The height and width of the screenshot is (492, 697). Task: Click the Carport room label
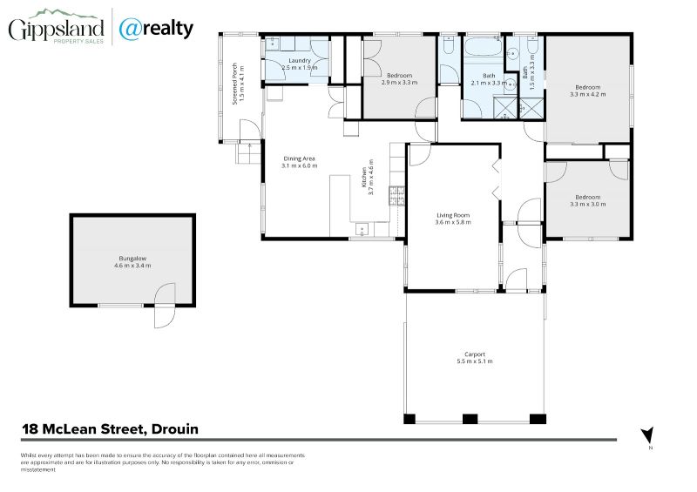(474, 354)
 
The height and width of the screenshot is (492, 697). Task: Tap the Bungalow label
(132, 259)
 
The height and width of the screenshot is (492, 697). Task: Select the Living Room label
(453, 215)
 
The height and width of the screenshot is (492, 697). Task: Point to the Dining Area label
(299, 158)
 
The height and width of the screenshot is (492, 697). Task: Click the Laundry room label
(299, 60)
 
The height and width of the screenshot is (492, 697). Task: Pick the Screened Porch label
(235, 84)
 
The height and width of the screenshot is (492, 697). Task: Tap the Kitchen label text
(364, 178)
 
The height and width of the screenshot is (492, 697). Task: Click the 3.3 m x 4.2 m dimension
(587, 94)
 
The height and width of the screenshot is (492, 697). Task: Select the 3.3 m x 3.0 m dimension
(587, 205)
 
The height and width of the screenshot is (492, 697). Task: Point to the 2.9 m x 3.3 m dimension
(399, 82)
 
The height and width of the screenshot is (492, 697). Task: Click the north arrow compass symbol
(647, 435)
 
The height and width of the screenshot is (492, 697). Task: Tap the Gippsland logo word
(56, 30)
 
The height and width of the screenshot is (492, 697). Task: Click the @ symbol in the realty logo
(130, 30)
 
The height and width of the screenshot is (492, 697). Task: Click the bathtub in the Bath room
(483, 47)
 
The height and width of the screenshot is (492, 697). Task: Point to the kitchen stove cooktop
(397, 196)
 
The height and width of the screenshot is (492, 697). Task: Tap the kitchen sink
(362, 230)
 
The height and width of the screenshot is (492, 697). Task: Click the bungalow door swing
(165, 307)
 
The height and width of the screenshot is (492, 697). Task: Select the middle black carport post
(470, 419)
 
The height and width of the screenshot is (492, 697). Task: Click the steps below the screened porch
(249, 153)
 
